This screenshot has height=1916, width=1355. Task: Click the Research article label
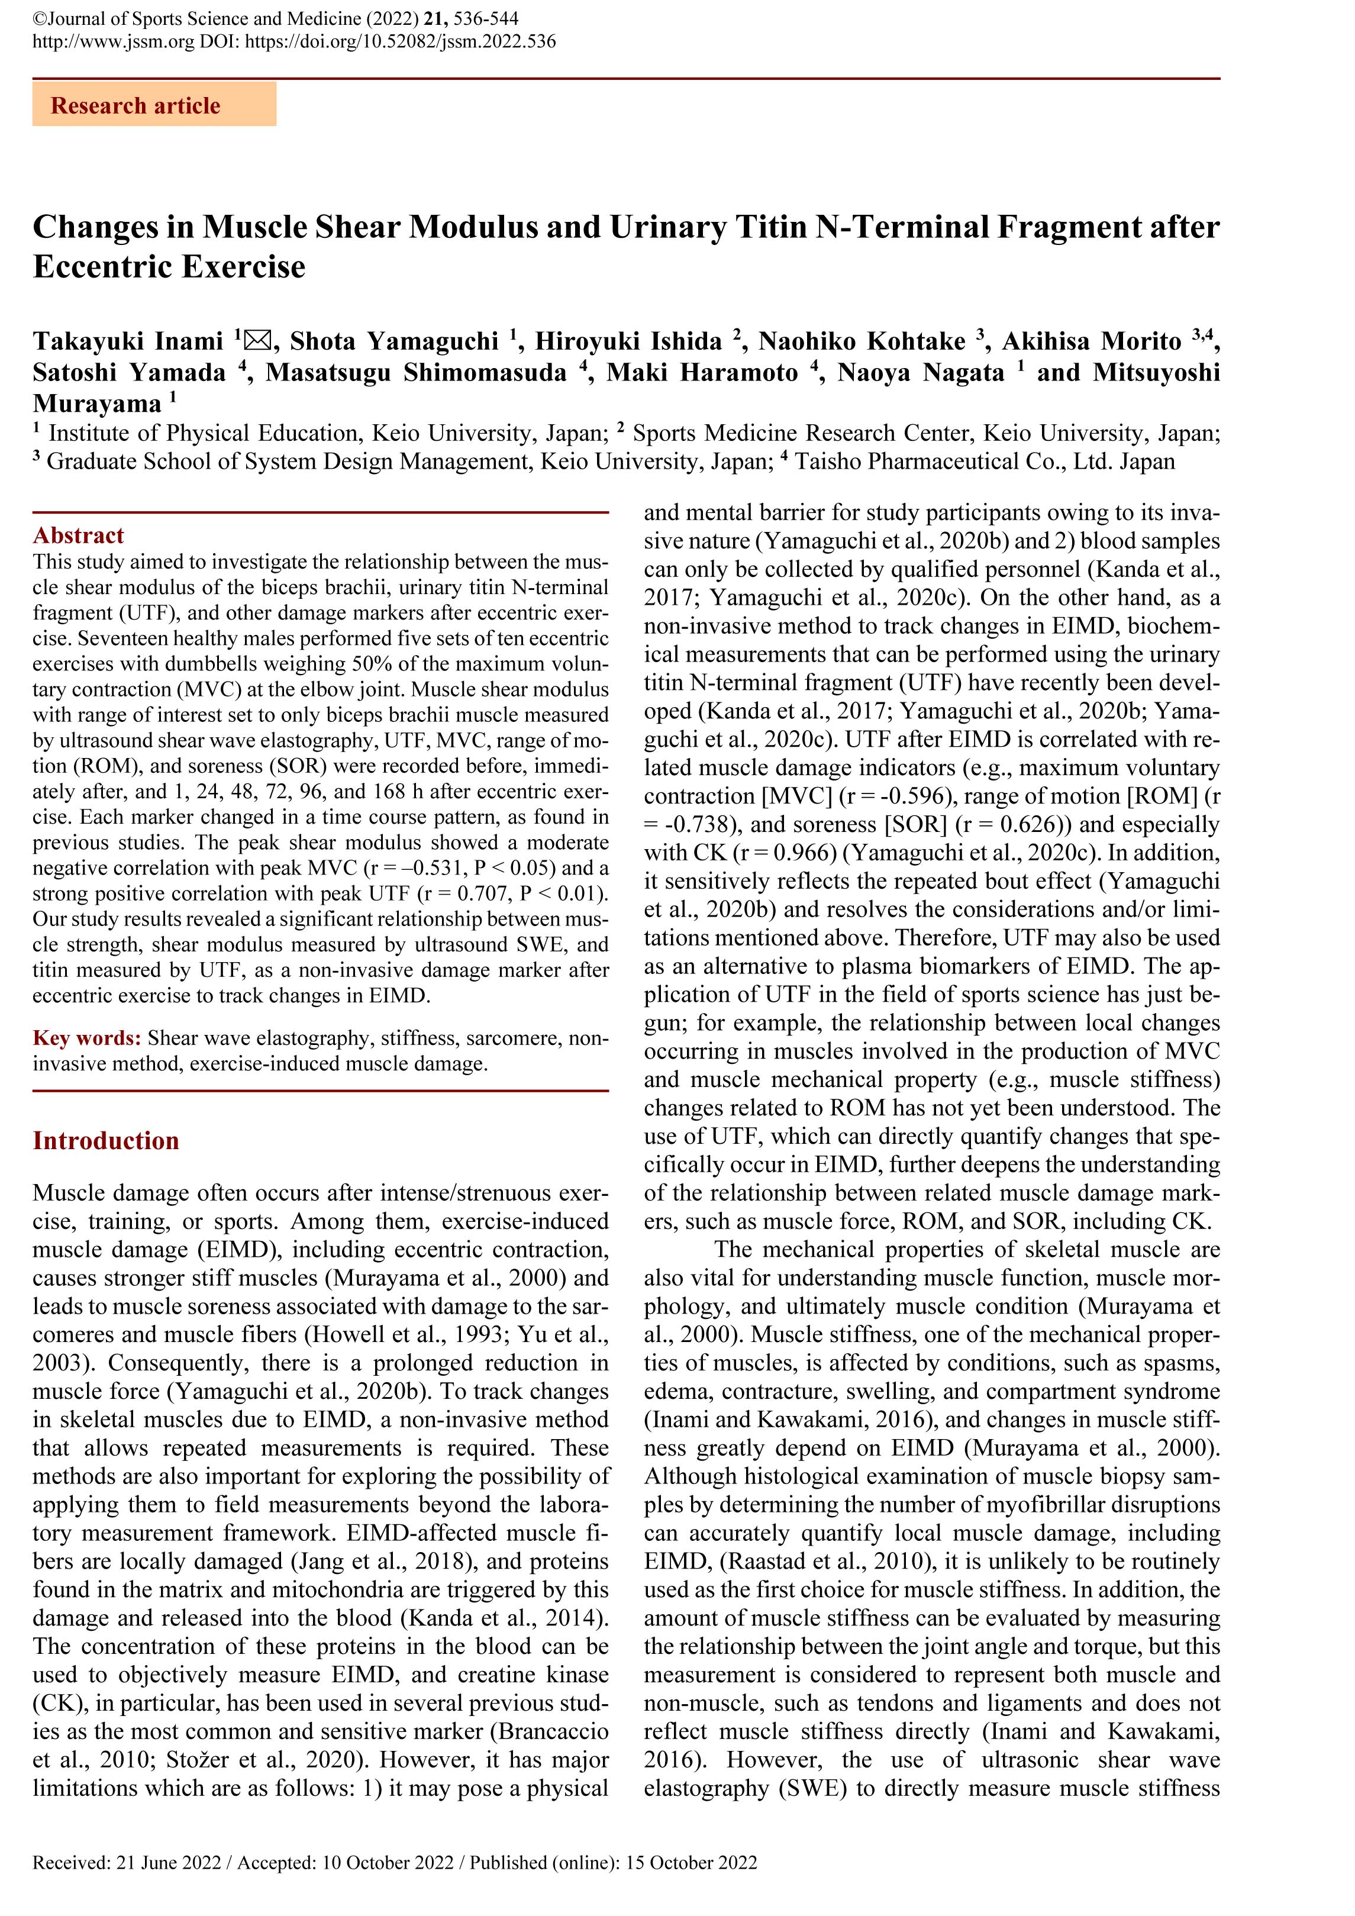(135, 106)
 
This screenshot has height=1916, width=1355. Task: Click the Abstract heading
(79, 536)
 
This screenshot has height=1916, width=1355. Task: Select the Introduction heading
(106, 1141)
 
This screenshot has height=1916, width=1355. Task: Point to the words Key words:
(87, 1038)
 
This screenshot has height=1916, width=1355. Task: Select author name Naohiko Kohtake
(861, 341)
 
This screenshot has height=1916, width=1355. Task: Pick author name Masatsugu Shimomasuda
(417, 372)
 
